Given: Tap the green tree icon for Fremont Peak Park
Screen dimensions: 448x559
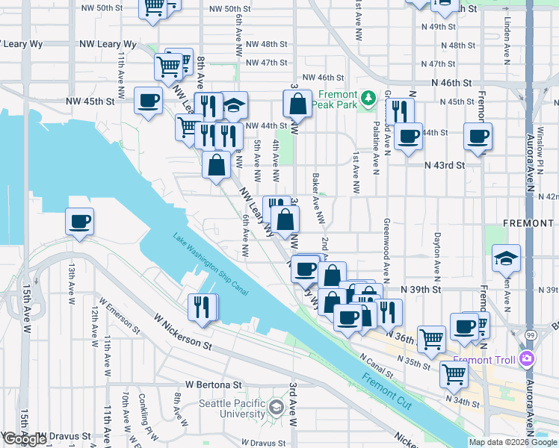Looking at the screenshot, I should (x=368, y=98).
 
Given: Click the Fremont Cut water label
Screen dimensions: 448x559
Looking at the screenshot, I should (x=384, y=380).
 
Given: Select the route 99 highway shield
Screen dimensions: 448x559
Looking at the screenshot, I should (x=529, y=337).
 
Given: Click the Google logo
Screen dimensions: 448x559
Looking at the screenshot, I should (x=25, y=438).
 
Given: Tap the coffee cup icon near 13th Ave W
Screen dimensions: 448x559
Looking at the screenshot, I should (x=79, y=222).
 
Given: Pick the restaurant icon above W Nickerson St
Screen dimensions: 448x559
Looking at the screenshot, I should (x=201, y=308).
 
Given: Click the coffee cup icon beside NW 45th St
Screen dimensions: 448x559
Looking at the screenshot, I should (x=149, y=101).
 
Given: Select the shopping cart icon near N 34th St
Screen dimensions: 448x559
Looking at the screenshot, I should (x=454, y=374).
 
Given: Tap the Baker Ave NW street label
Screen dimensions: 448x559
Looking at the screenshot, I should (x=318, y=199).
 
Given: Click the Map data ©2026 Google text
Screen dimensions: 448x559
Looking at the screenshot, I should (x=513, y=442).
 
